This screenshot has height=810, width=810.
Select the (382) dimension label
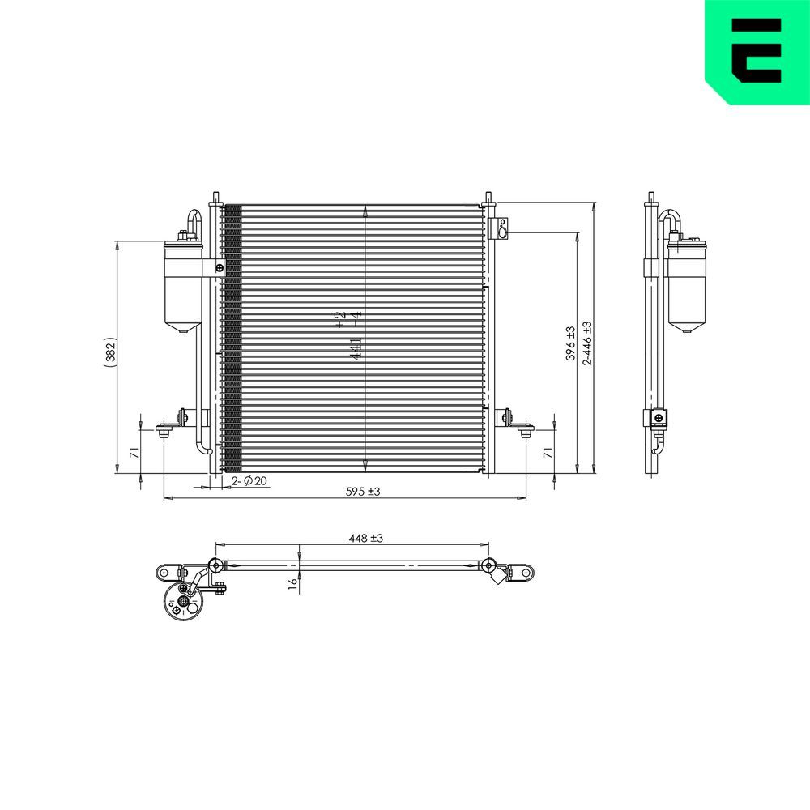[111, 354]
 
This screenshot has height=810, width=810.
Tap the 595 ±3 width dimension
[363, 492]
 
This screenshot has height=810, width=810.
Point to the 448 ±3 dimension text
[365, 537]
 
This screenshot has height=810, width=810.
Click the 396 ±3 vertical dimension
[570, 343]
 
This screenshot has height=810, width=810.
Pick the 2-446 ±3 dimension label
[587, 343]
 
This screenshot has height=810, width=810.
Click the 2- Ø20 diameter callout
[249, 481]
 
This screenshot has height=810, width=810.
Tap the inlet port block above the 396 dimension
[502, 228]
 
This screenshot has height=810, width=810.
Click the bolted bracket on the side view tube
[657, 419]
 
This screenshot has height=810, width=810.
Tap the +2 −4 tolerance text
[341, 318]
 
